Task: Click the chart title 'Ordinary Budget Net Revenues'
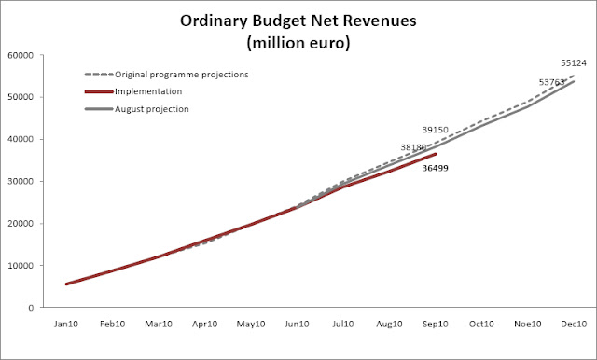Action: (x=298, y=21)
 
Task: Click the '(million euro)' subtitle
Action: (x=298, y=43)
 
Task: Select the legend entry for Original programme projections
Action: (x=166, y=75)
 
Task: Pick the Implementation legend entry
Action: (x=133, y=91)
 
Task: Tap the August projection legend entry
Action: (x=137, y=109)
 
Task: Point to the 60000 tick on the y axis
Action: (x=21, y=55)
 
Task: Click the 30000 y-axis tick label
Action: (x=21, y=181)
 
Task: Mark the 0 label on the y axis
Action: (x=31, y=308)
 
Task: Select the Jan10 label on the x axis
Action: (x=66, y=324)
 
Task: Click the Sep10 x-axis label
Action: (x=436, y=324)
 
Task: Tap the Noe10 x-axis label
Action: (x=527, y=324)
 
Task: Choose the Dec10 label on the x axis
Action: (x=574, y=324)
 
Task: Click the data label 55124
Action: (x=574, y=63)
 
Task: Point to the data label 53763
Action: (x=551, y=82)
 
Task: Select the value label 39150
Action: (x=436, y=130)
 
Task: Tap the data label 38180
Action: (x=413, y=147)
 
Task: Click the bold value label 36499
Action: (x=436, y=168)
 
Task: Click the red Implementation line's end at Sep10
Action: (x=436, y=154)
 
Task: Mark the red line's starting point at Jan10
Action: (x=66, y=284)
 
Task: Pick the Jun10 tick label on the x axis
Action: (x=297, y=324)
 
